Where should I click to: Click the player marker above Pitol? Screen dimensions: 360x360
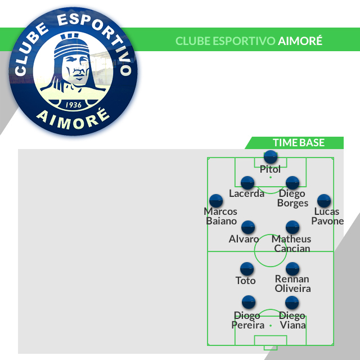tap(271, 157)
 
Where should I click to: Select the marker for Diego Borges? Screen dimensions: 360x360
tap(292, 183)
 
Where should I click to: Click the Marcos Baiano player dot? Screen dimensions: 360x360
tap(216, 201)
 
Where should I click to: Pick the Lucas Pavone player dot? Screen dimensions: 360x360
tap(323, 201)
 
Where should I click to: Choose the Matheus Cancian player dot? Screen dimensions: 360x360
tap(292, 227)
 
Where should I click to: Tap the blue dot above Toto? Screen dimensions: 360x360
tap(246, 269)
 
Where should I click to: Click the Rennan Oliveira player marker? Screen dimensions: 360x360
tap(292, 269)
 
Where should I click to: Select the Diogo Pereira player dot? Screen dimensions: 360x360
tap(248, 302)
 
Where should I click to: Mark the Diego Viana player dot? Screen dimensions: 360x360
tap(291, 302)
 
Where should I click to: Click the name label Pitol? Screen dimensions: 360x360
tap(271, 169)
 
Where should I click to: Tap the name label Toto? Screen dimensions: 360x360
tap(246, 281)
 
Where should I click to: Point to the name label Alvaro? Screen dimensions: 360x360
tap(244, 239)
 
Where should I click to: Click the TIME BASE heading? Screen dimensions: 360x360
tap(299, 143)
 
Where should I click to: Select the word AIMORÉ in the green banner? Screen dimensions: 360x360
tap(300, 42)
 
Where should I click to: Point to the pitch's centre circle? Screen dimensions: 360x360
tap(271, 251)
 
